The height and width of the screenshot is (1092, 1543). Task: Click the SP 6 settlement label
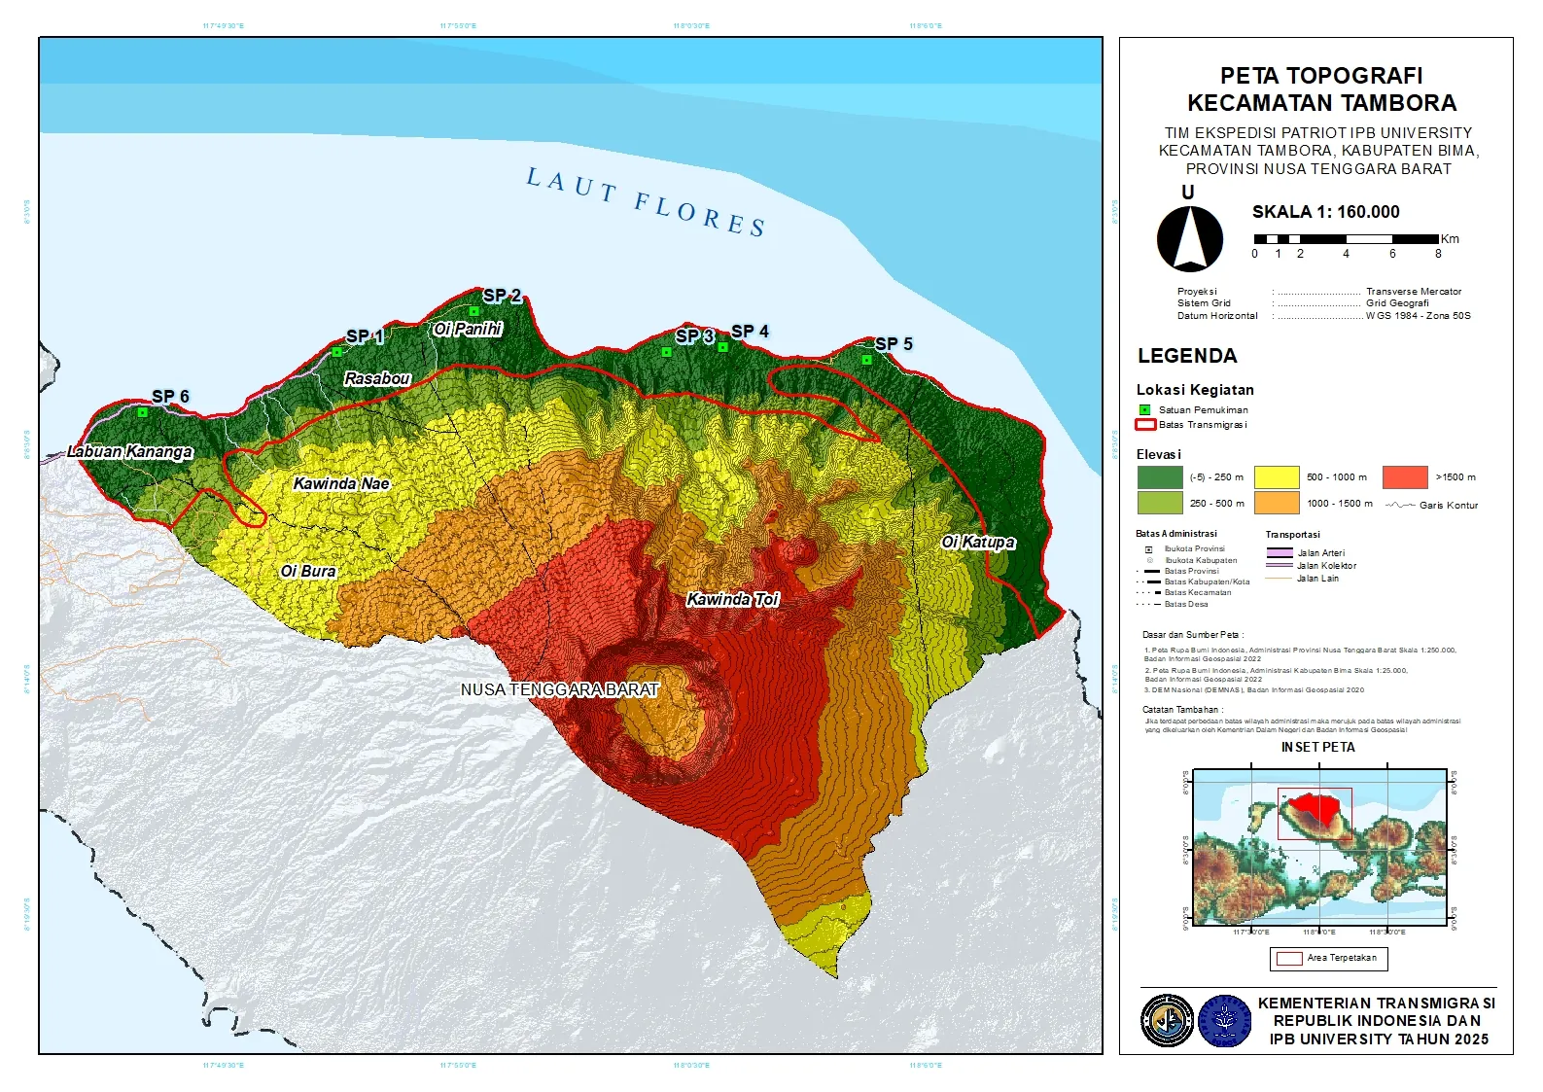[170, 397]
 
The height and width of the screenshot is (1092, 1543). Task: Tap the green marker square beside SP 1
[337, 352]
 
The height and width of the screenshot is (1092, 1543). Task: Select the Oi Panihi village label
[468, 330]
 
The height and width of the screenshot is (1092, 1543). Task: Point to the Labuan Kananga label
[130, 452]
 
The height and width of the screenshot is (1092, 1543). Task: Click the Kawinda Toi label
[733, 600]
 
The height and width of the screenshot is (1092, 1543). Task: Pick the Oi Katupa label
[978, 543]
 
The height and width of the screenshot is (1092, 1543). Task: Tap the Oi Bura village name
[308, 572]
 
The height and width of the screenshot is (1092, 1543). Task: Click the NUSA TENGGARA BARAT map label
[560, 690]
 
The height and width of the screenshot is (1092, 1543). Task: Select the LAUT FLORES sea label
[647, 202]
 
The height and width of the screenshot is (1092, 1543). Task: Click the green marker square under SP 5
[866, 360]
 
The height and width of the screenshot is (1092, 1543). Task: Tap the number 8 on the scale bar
[1438, 254]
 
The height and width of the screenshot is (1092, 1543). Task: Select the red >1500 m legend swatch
[1405, 477]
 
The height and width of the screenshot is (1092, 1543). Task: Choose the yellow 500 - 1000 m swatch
[1277, 477]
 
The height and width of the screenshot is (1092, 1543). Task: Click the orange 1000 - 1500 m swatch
[1277, 503]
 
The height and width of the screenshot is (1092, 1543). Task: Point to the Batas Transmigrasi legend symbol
[1145, 425]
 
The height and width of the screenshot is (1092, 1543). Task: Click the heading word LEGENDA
[1187, 356]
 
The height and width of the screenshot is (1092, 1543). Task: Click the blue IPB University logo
[1225, 1021]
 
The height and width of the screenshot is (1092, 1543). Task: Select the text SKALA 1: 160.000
[1325, 212]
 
